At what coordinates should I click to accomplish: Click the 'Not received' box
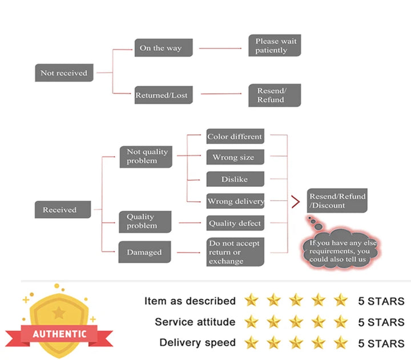(64, 73)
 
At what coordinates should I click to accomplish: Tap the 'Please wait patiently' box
(275, 46)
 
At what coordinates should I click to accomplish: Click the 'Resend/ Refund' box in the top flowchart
(275, 95)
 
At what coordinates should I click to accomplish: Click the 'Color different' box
(235, 137)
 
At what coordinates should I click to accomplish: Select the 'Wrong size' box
(235, 157)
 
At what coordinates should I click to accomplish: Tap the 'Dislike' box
(235, 179)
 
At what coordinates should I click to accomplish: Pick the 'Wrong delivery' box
(235, 201)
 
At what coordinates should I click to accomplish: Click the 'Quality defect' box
(235, 223)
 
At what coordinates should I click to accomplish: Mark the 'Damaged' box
(144, 252)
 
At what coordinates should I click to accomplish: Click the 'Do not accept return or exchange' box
(235, 252)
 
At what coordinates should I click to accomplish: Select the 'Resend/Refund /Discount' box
(337, 200)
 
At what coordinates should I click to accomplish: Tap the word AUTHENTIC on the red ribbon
(59, 333)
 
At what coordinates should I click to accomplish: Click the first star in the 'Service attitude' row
(251, 322)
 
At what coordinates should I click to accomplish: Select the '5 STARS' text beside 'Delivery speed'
(381, 343)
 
